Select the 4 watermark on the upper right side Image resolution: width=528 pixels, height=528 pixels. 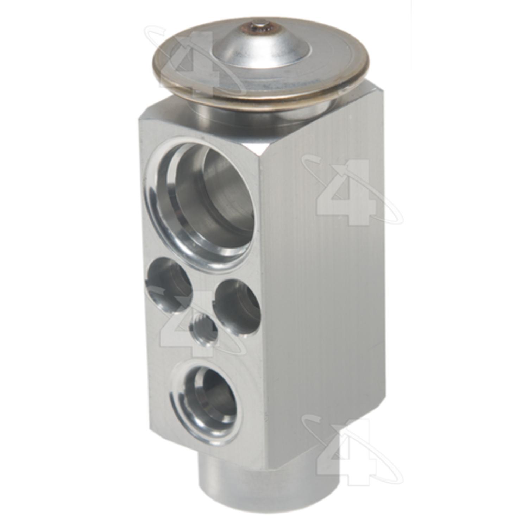pos(348,192)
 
